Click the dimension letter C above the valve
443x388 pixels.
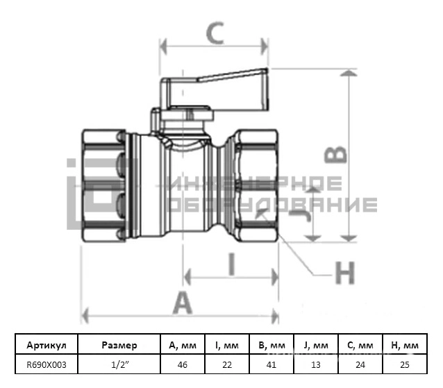tap(215, 33)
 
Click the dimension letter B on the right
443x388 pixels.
tap(335, 155)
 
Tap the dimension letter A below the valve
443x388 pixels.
tap(183, 303)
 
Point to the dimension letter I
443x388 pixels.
tap(232, 264)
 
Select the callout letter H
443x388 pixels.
tap(344, 273)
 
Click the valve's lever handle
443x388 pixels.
tap(215, 90)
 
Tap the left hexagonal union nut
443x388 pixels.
tap(103, 185)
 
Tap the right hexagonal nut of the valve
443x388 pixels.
tap(256, 185)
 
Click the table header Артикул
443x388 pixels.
tap(47, 345)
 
